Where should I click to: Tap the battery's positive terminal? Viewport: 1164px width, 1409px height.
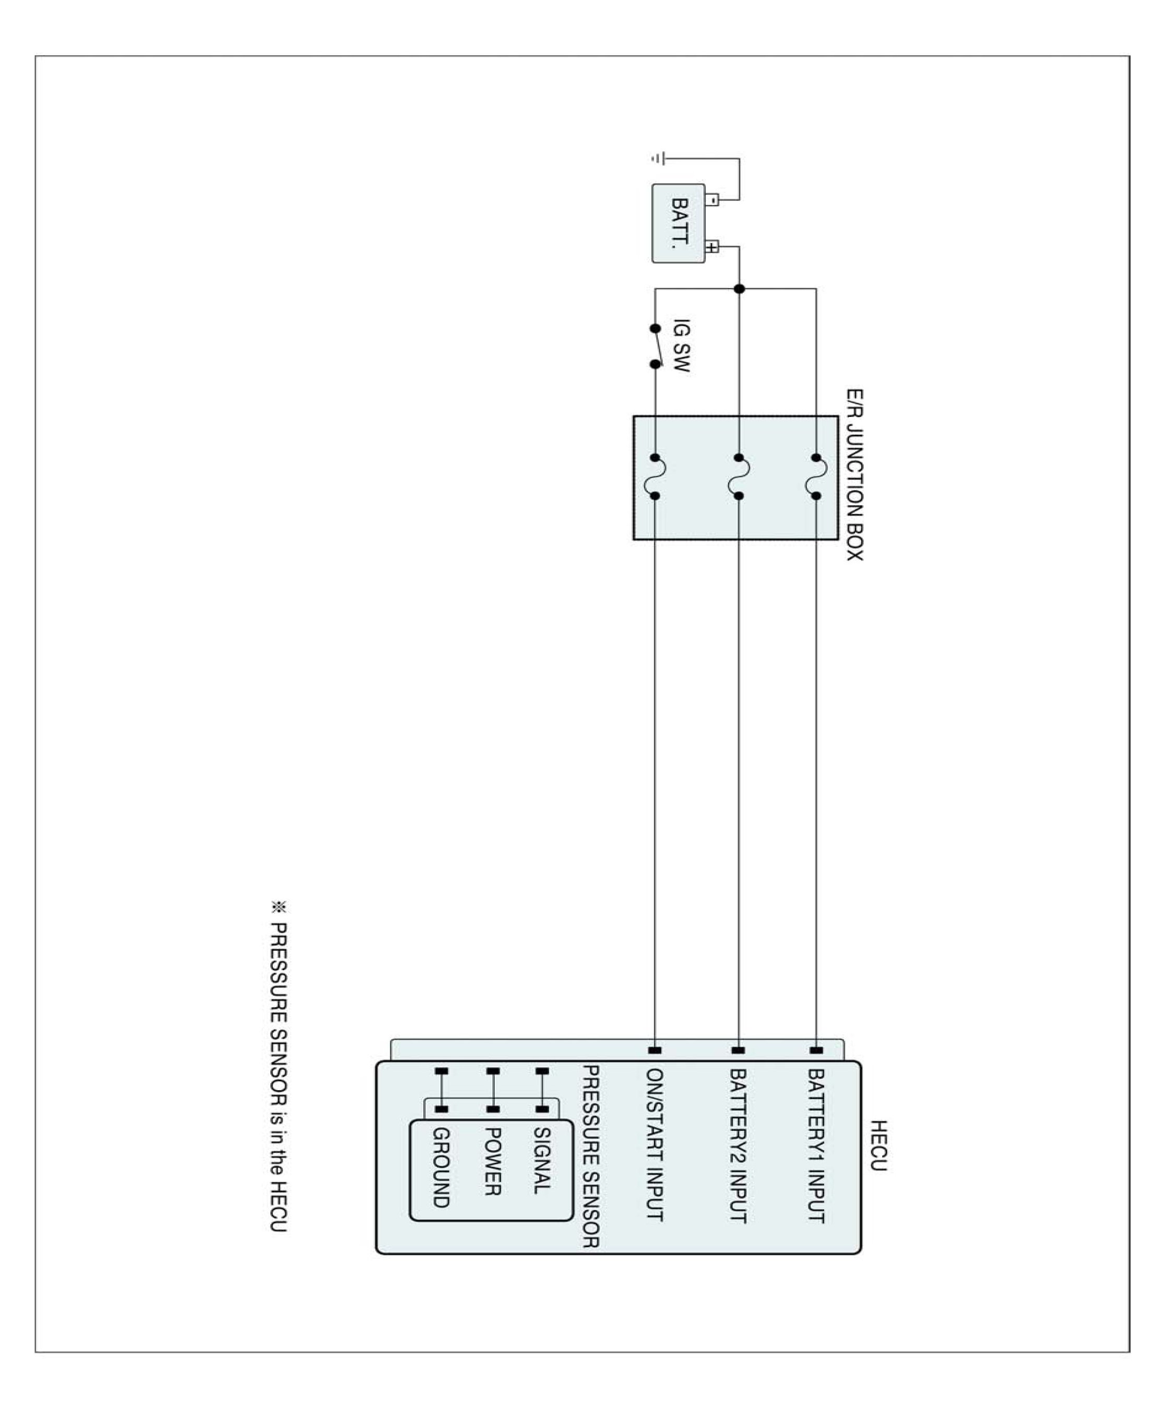coord(712,247)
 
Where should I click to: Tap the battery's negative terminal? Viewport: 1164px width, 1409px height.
coord(712,199)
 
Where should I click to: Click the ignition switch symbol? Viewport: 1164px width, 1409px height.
coord(657,347)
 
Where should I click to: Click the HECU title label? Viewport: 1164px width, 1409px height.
coord(878,1145)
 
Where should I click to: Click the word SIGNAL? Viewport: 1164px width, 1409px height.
coord(542,1160)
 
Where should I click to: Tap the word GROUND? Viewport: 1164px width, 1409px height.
coord(441,1167)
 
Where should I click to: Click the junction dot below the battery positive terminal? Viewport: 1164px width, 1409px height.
coord(739,289)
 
